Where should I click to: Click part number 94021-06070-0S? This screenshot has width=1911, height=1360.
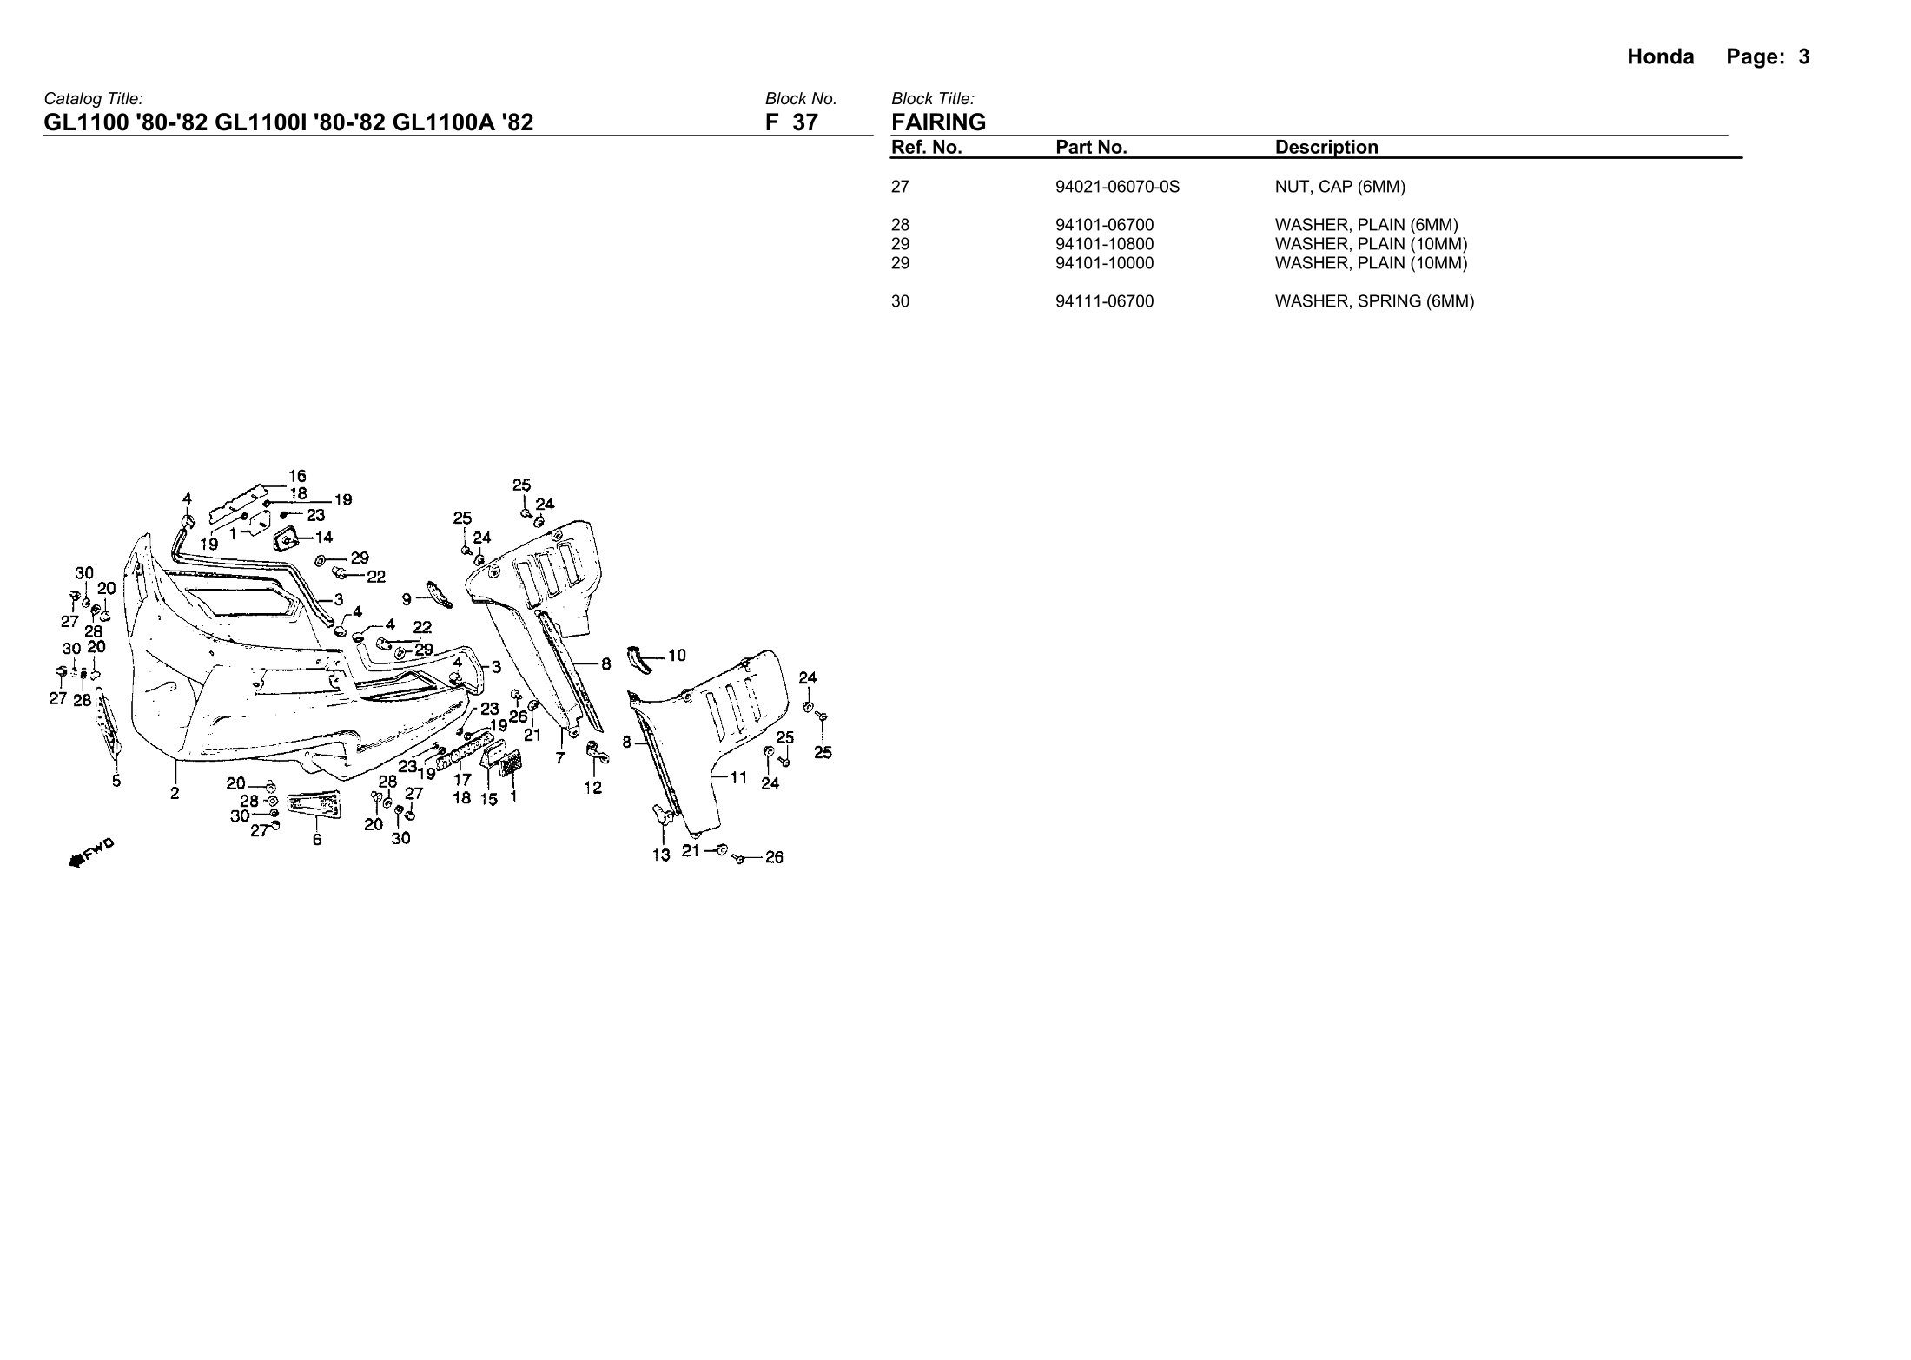(x=1117, y=187)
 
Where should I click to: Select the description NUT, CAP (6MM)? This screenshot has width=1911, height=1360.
(x=1339, y=187)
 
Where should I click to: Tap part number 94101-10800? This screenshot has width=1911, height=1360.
(x=1104, y=244)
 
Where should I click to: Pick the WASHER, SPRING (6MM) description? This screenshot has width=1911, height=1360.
(x=1374, y=301)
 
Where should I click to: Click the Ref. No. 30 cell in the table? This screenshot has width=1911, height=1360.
(x=900, y=301)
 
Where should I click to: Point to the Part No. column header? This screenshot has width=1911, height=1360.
(x=1091, y=148)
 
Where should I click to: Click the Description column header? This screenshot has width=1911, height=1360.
(x=1326, y=148)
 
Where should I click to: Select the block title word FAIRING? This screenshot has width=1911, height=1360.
(x=938, y=122)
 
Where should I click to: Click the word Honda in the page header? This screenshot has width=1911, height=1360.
(x=1660, y=57)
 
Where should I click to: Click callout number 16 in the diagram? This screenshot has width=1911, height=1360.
(x=297, y=476)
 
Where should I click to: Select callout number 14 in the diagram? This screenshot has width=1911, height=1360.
(x=323, y=537)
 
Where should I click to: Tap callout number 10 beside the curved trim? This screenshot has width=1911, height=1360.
(x=677, y=656)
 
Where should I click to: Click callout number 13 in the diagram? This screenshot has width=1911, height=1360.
(x=661, y=855)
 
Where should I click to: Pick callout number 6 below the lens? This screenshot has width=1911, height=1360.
(x=317, y=840)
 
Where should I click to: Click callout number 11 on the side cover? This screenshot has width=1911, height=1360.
(x=738, y=777)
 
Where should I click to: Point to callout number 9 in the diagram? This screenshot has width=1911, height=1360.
(x=407, y=598)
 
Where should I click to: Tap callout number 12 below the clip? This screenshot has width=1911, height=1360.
(x=592, y=789)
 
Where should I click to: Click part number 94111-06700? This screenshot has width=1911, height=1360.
(x=1104, y=301)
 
